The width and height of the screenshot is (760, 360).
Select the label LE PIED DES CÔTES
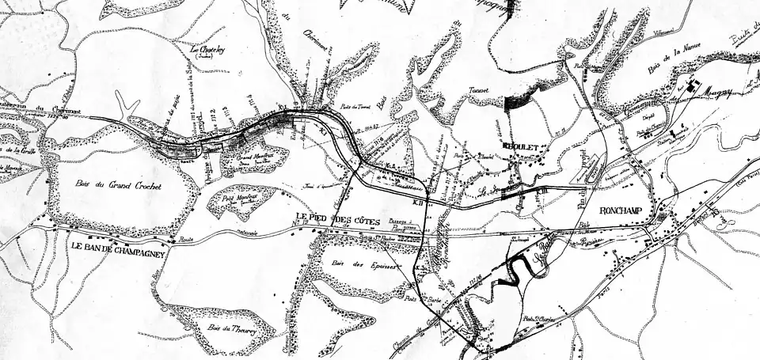[x=338, y=218]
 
